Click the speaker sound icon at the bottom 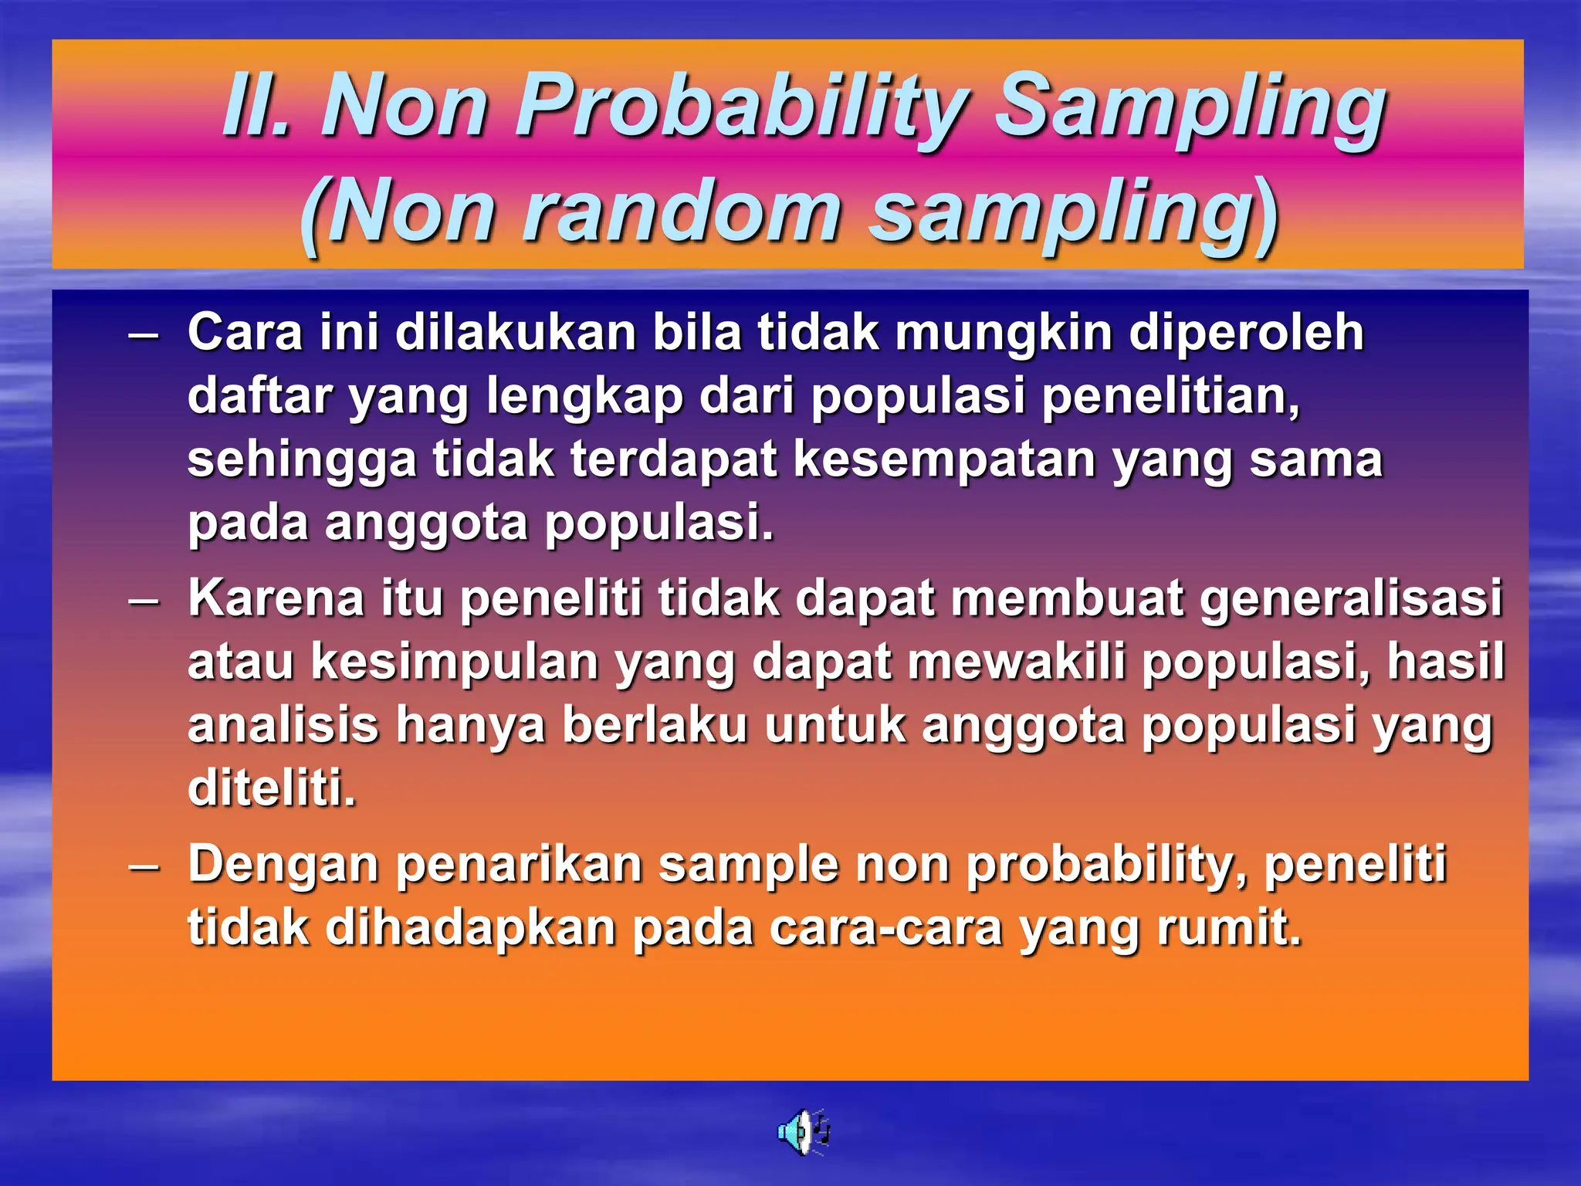pos(803,1132)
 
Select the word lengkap pos(585,397)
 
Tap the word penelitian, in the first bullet pos(1170,395)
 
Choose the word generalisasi pos(1351,599)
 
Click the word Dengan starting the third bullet pos(283,865)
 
